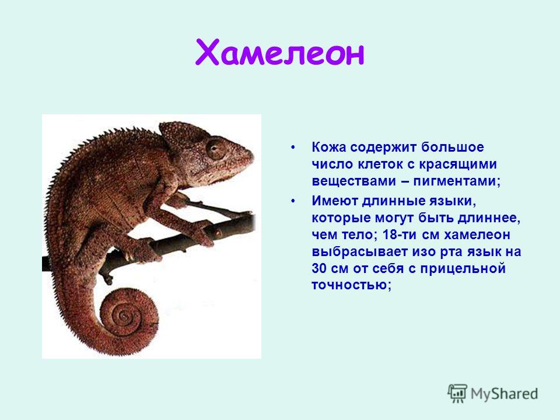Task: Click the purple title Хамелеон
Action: pyautogui.click(x=279, y=53)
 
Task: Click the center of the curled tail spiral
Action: pyautogui.click(x=124, y=316)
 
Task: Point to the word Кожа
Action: pyautogui.click(x=328, y=147)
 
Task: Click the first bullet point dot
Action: pyautogui.click(x=293, y=147)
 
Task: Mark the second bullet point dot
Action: pyautogui.click(x=293, y=201)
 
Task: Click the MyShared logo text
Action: pyautogui.click(x=504, y=394)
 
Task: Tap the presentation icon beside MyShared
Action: pyautogui.click(x=458, y=393)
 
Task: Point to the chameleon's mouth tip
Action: pyautogui.click(x=251, y=157)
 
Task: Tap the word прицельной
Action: pyautogui.click(x=463, y=268)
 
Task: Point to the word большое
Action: pyautogui.click(x=452, y=147)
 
